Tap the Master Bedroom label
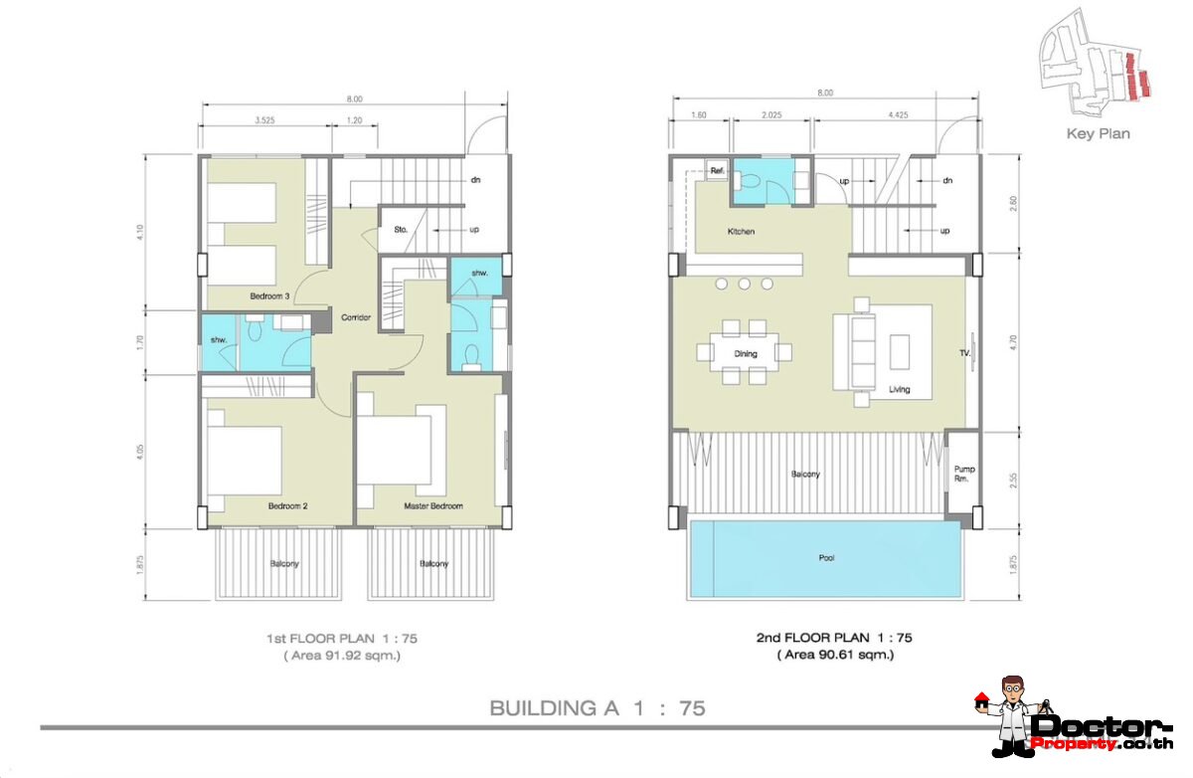pos(433,505)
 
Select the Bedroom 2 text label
pos(288,505)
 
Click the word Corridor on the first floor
pos(355,317)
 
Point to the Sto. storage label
pos(400,229)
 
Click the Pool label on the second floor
pos(826,558)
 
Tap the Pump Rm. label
pos(963,474)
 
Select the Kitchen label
pos(741,232)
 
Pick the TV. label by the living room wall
pos(964,353)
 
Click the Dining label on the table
pos(746,353)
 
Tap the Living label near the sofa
pos(899,390)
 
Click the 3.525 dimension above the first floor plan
pos(264,119)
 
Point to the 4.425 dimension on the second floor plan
pos(898,114)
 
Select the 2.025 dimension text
pos(771,114)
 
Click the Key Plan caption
pos(1098,133)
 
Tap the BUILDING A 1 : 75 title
pos(597,708)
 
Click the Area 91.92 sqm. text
pos(342,656)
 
